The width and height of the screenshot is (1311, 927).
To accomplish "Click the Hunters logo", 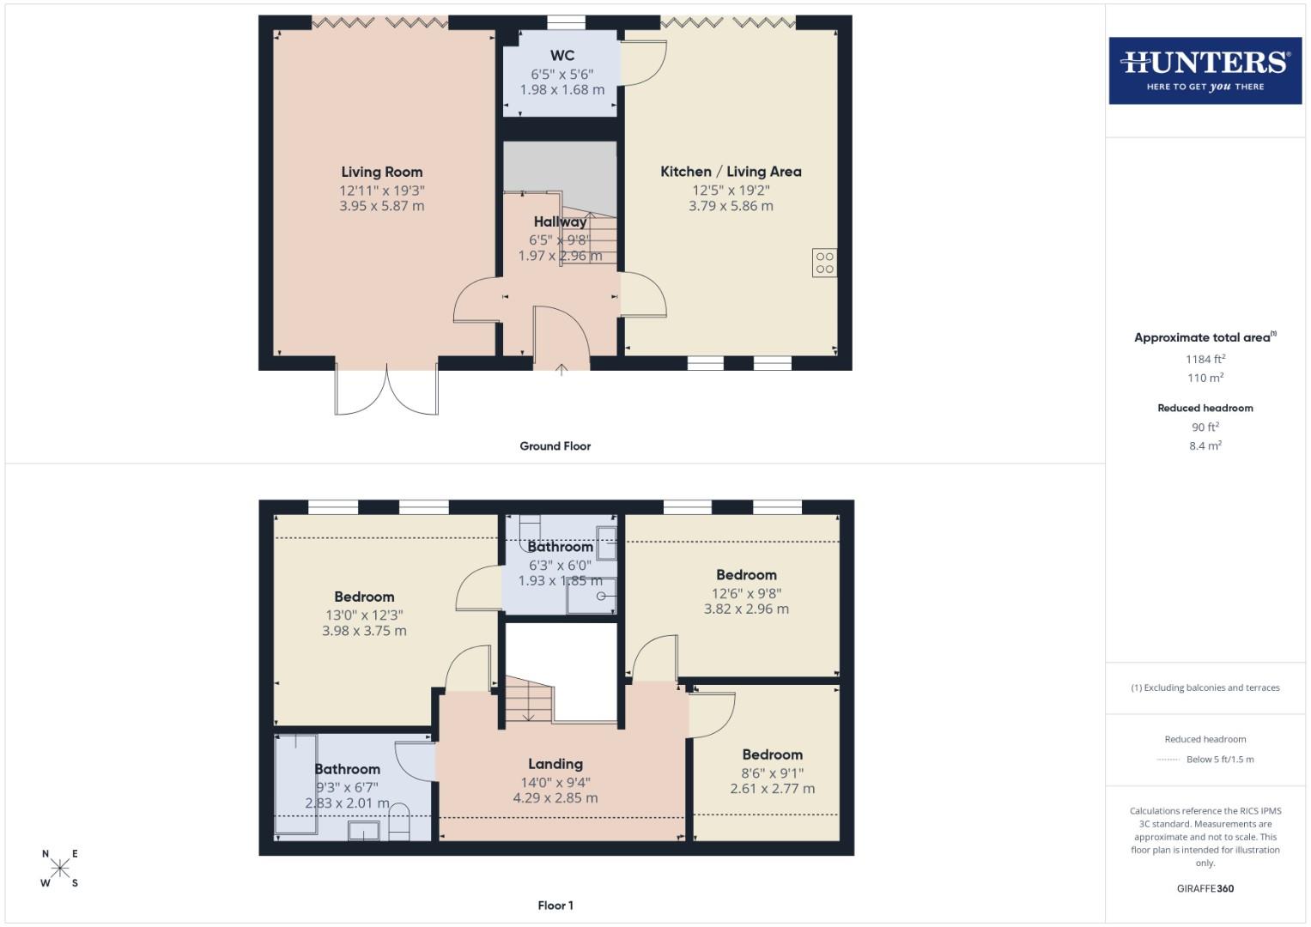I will coord(1205,70).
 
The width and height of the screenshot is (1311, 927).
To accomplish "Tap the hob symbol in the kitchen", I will coord(824,263).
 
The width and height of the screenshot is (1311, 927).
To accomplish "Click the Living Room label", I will coord(382,172).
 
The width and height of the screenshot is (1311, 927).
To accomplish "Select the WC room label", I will coord(562,56).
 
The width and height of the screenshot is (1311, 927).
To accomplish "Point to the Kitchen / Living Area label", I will coord(731,172).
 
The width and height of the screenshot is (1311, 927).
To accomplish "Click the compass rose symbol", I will coord(60,868).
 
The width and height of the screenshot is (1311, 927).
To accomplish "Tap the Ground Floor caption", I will coord(555,446).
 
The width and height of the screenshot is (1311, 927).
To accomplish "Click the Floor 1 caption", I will coord(555,906).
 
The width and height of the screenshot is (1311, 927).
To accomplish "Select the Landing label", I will coord(555,764).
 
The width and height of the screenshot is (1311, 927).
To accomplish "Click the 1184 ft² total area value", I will coord(1205,360).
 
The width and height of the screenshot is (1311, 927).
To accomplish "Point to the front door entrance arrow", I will coord(561,370).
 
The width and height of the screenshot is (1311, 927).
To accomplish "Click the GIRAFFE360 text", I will coord(1205,888).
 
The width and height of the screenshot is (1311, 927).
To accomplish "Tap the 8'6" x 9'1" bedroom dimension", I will coord(773,772).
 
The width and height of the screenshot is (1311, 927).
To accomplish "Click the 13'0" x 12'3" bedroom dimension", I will coord(364,615).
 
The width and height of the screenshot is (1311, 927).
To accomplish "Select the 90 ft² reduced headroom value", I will coord(1205,427).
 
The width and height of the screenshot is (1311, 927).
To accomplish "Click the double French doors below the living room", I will coord(387,391).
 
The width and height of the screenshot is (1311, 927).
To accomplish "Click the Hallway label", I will coord(560,221).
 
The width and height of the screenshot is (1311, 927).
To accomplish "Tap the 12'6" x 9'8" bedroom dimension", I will coord(746,593).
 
